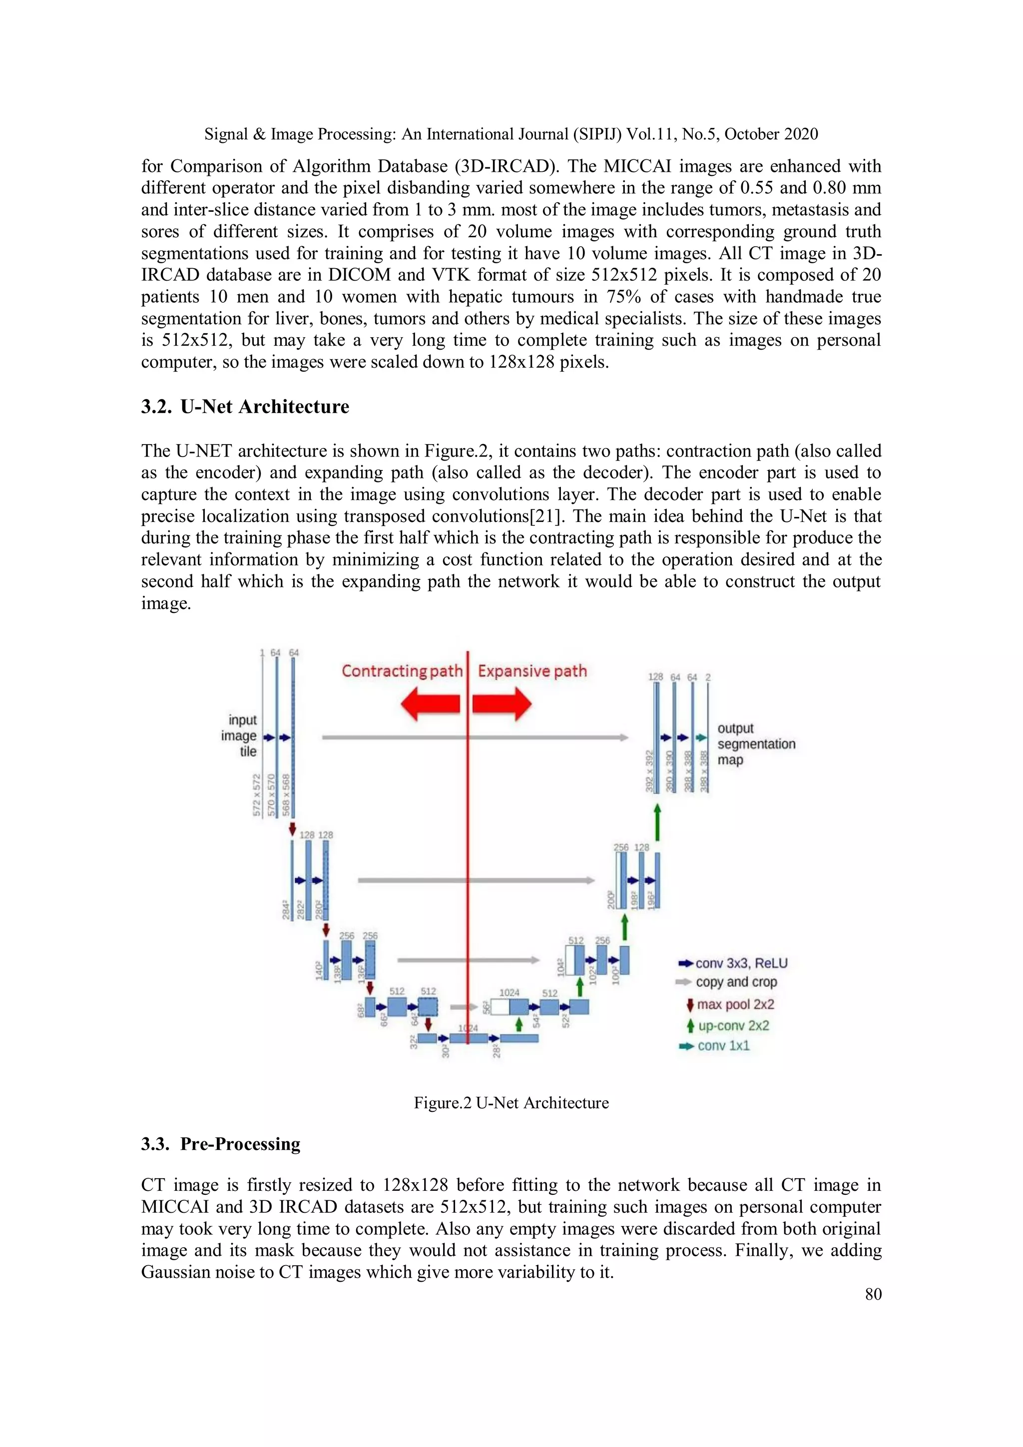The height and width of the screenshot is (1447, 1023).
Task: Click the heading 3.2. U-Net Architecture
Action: pos(245,407)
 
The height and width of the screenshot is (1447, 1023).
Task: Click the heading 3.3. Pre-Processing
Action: pos(221,1144)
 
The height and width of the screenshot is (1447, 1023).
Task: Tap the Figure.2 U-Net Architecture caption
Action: pos(511,1103)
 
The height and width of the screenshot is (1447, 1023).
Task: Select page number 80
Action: pos(873,1294)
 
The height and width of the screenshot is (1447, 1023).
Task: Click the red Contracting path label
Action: pos(402,671)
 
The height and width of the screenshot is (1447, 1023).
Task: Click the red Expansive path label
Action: pos(532,671)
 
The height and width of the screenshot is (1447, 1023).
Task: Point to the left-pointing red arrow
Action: pos(431,703)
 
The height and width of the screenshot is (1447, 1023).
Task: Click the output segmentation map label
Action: pos(755,744)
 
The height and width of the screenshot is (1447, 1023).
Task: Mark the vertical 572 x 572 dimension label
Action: pos(257,795)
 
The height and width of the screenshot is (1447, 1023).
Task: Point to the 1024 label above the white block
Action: pos(510,992)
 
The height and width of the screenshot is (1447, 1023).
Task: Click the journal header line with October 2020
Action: pos(511,134)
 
